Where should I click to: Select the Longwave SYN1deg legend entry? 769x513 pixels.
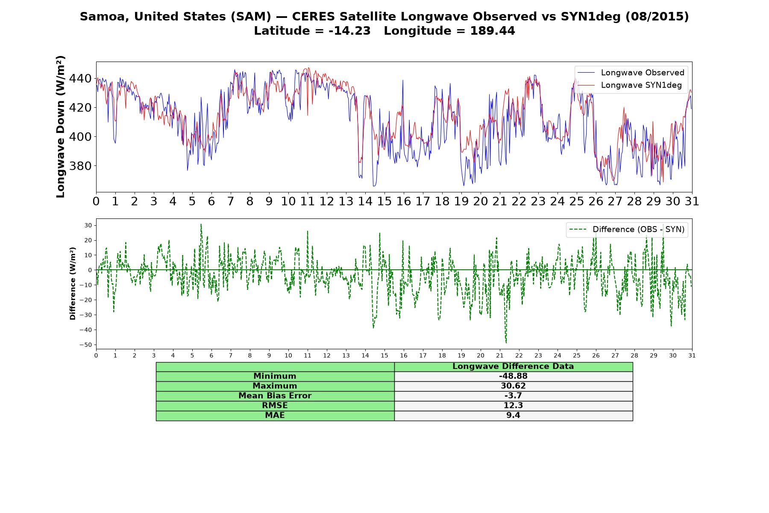click(x=630, y=85)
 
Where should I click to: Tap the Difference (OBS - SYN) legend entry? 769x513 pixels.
click(x=627, y=230)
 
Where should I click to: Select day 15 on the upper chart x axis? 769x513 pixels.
click(x=384, y=201)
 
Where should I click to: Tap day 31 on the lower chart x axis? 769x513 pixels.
click(x=692, y=355)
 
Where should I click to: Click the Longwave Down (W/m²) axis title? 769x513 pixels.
click(x=60, y=127)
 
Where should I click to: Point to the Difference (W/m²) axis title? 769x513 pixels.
click(x=73, y=283)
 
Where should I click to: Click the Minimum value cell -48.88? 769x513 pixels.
click(x=513, y=376)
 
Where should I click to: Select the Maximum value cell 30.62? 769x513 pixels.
click(x=513, y=386)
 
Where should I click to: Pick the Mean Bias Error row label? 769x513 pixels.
click(x=275, y=396)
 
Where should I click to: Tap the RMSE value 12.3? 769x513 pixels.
click(x=513, y=406)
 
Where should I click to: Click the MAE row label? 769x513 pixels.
click(x=275, y=416)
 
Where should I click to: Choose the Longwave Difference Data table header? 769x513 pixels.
click(x=513, y=366)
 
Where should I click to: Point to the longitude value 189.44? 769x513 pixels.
click(x=493, y=31)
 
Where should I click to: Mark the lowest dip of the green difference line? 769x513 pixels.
click(x=506, y=343)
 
